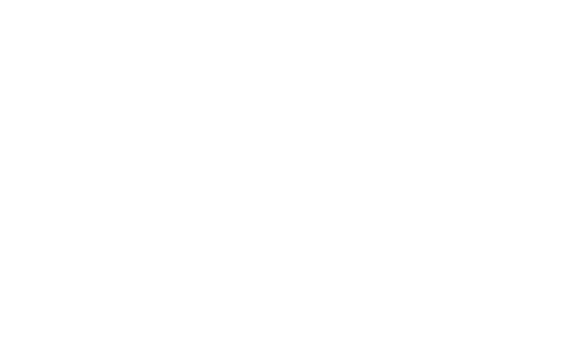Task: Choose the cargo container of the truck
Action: point(495,307)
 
